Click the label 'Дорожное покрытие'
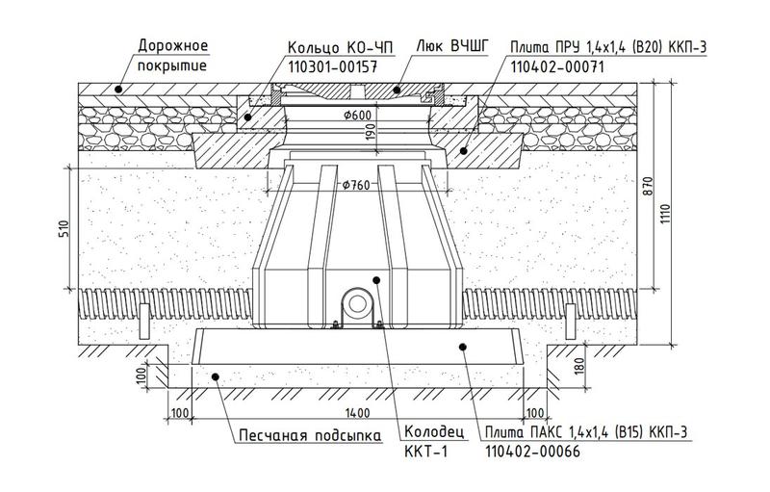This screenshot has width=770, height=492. pos(173,56)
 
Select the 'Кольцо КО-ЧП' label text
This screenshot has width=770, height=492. pos(341,47)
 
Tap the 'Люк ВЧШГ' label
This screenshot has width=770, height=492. pos(452,46)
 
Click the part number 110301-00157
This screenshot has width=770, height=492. pos(332,66)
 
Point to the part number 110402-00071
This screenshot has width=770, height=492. pos(557,66)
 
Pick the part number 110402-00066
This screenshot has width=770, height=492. pos(532,452)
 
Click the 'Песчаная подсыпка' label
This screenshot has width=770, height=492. pos(310,435)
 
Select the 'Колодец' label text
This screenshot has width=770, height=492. pos(434,432)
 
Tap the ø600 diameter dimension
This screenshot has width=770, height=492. pos(357,116)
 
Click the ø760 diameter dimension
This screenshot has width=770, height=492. pos(356,185)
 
